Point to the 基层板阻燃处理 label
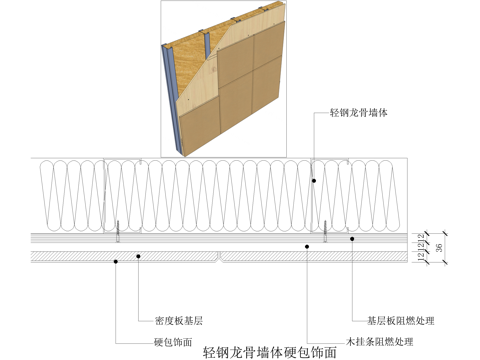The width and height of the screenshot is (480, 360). pyautogui.click(x=404, y=321)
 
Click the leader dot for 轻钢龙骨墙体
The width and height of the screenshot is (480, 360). pyautogui.click(x=314, y=181)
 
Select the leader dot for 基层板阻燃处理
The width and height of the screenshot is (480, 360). pyautogui.click(x=352, y=238)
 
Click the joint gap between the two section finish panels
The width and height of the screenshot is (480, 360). pyautogui.click(x=219, y=259)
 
